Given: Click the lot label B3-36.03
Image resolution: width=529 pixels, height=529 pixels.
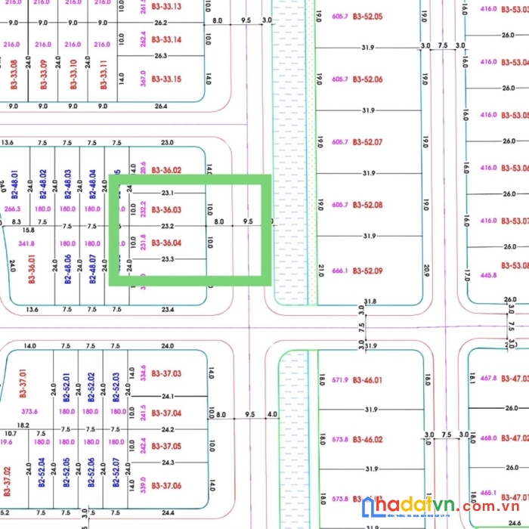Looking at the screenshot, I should [166, 209].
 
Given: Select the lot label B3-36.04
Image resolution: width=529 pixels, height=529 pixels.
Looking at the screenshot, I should [166, 243].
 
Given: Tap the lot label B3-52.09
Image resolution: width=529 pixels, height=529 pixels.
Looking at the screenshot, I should [367, 271].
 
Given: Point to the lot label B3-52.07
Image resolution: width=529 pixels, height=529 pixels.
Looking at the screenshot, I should [367, 142].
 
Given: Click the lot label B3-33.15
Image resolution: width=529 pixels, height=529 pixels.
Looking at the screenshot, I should [166, 79].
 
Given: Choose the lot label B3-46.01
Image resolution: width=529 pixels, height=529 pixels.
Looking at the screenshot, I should [367, 380].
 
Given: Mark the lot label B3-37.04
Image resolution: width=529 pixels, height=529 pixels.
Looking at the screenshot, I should [166, 413].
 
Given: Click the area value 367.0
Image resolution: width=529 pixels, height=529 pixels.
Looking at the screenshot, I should [144, 79].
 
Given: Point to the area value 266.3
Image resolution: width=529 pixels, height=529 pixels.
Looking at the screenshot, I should [12, 209].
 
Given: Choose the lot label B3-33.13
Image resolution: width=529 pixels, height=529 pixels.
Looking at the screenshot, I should [166, 6].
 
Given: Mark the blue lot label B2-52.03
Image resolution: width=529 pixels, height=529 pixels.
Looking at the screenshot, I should [116, 387].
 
